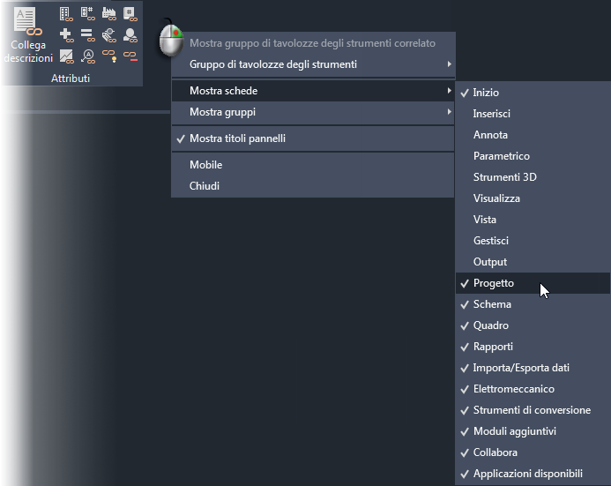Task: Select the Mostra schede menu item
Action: tap(224, 91)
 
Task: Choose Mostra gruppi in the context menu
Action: tap(222, 112)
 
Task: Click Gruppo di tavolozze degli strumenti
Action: tap(273, 64)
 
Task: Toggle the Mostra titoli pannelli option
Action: tap(237, 138)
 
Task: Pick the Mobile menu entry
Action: tap(205, 165)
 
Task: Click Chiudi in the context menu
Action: tap(205, 186)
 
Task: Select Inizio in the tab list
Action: tap(486, 93)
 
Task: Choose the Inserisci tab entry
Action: tap(491, 114)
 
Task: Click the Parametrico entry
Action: tap(501, 156)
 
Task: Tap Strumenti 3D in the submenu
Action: tap(504, 177)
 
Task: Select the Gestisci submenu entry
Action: tap(490, 241)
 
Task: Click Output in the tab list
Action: tap(489, 262)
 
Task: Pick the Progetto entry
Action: tap(493, 283)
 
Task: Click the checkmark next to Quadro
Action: tap(464, 325)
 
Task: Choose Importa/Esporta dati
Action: tap(527, 368)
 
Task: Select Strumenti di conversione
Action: tap(532, 410)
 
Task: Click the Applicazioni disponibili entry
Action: tap(527, 474)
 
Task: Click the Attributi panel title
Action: tap(71, 79)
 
